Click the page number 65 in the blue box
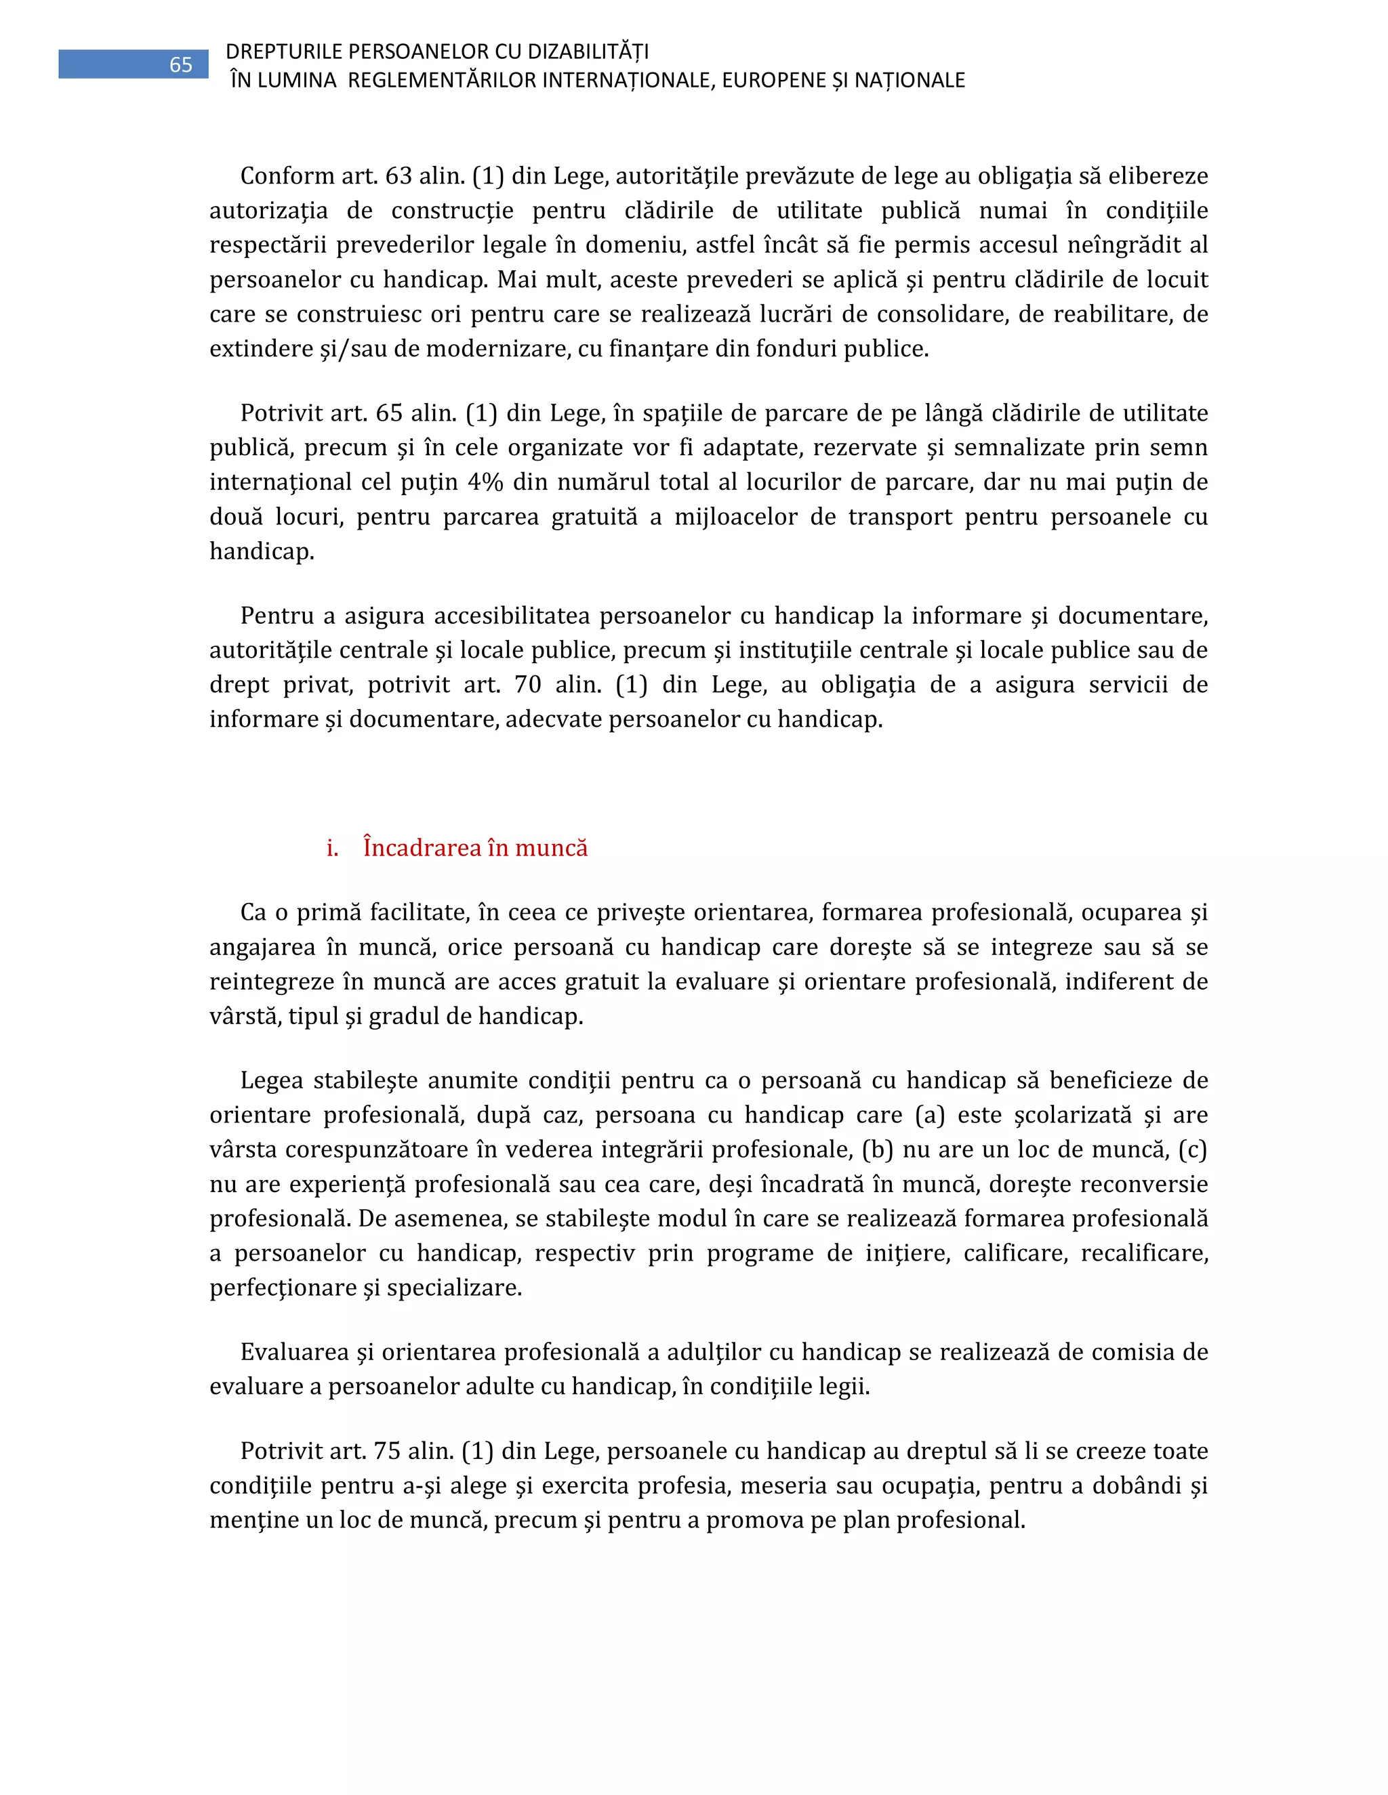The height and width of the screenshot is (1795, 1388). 180,65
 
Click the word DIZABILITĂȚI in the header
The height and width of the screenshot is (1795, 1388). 588,51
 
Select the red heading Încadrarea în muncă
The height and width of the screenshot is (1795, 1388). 475,847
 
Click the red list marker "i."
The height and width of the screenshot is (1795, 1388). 332,848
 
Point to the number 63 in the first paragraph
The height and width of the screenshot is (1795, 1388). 399,176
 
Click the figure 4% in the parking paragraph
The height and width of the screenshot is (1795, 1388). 485,482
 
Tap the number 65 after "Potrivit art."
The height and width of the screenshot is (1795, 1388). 389,413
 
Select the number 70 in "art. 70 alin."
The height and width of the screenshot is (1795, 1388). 528,685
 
